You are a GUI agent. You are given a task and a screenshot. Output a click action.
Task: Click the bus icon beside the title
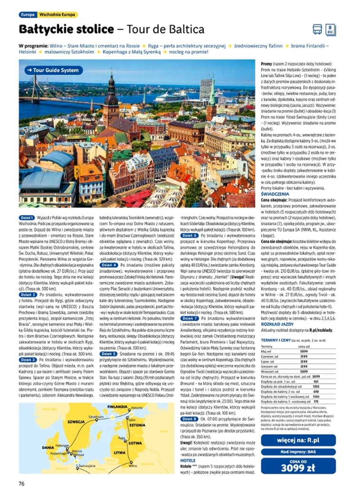[x=317, y=29]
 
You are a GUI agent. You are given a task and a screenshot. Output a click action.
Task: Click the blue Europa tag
[x=27, y=15]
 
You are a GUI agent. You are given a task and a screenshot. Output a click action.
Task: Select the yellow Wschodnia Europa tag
[x=57, y=15]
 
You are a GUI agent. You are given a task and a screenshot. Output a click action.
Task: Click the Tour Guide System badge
[x=53, y=70]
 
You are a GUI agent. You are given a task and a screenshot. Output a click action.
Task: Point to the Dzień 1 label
[x=27, y=217]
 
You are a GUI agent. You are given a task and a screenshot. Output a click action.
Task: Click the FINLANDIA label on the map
[x=117, y=407]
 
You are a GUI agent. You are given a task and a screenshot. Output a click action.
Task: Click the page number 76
[x=21, y=484]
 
